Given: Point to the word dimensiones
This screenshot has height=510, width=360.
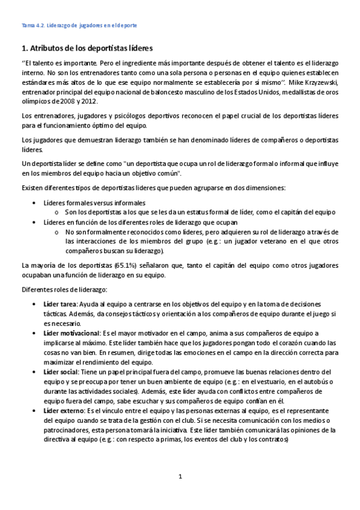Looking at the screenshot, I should pyautogui.click(x=266, y=187).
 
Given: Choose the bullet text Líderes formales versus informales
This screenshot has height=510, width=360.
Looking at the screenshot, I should pyautogui.click(x=94, y=202).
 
